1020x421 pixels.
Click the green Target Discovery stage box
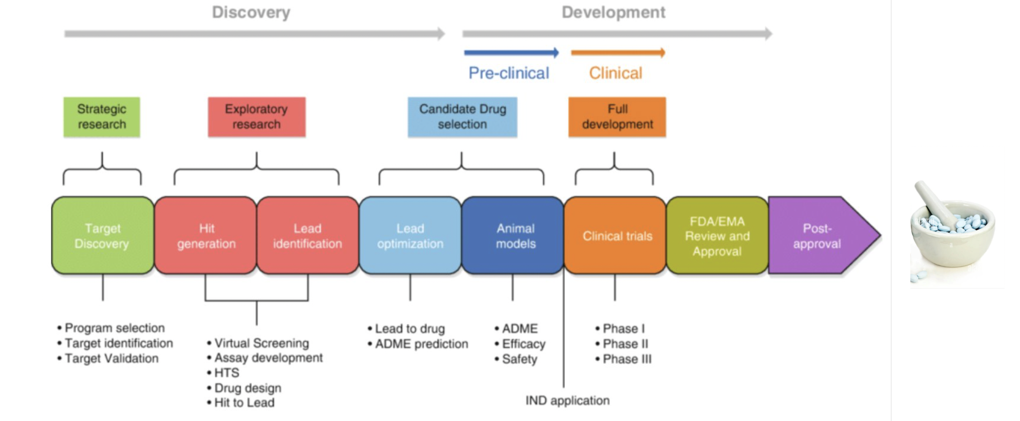pyautogui.click(x=103, y=235)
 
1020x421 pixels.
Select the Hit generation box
pyautogui.click(x=206, y=235)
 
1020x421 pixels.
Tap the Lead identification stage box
pyautogui.click(x=308, y=235)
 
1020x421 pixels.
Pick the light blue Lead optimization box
pyautogui.click(x=411, y=235)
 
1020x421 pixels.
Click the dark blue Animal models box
pyautogui.click(x=513, y=235)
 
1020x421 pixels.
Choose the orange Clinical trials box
pyautogui.click(x=615, y=235)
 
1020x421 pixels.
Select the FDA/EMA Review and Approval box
pyautogui.click(x=718, y=235)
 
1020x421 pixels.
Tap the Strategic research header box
pyautogui.click(x=102, y=117)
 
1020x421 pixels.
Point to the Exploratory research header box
pyautogui.click(x=257, y=117)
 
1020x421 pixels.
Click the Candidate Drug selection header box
pyautogui.click(x=462, y=117)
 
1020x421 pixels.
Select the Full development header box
pyautogui.click(x=617, y=117)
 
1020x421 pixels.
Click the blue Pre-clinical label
pyautogui.click(x=509, y=73)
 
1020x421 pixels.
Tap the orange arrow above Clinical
pyautogui.click(x=618, y=53)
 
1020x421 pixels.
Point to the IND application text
pyautogui.click(x=568, y=401)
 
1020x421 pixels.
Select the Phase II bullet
pyautogui.click(x=622, y=344)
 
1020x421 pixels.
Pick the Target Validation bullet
pyautogui.click(x=108, y=358)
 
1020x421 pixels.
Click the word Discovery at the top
pyautogui.click(x=251, y=12)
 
